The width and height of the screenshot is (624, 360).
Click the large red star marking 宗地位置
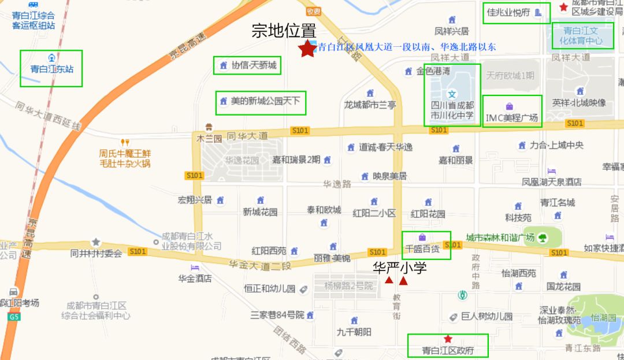point(307,49)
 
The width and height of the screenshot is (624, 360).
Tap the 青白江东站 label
point(51,69)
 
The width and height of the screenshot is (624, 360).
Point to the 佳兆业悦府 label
point(508,13)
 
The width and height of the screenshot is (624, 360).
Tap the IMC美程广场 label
point(512,117)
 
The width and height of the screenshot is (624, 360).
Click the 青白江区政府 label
point(448,350)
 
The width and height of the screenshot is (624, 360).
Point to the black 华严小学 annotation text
point(400,268)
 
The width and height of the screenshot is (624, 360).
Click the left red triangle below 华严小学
point(389,281)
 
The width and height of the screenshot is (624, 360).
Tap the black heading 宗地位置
point(284,31)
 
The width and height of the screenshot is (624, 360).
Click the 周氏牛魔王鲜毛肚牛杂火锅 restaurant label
point(125,158)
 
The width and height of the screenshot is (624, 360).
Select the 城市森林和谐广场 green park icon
point(543,237)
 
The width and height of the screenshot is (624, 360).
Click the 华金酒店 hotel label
point(195,279)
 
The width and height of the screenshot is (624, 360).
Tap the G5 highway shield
point(14,317)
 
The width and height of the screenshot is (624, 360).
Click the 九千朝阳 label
point(354,332)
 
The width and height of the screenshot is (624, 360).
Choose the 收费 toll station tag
point(314,11)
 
